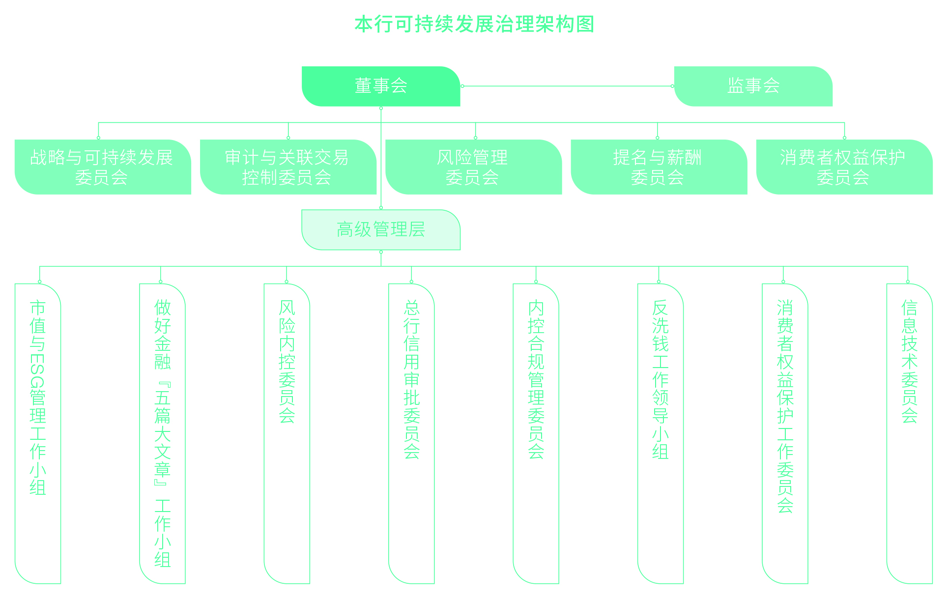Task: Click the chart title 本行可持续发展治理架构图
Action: coord(474,24)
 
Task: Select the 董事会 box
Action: coord(381,86)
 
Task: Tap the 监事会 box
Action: coord(753,86)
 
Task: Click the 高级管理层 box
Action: coord(381,229)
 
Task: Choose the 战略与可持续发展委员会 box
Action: coord(102,167)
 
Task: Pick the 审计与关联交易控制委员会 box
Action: coord(288,167)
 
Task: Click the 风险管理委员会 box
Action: coord(473,167)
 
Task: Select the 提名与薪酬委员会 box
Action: coord(659,167)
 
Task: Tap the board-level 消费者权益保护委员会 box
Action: coord(844,167)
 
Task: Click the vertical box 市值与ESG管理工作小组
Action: coord(38,432)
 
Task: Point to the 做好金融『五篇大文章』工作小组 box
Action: coord(162,432)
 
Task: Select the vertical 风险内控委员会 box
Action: coord(287,432)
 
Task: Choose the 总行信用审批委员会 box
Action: coord(411,432)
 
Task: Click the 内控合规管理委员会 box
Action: coord(536,432)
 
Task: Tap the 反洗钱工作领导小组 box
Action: coord(661,432)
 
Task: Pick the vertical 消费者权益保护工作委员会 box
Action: coord(785,432)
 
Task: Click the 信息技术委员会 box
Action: coord(909,432)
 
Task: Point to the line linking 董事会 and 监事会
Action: coord(565,86)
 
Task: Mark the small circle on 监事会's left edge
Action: coord(672,86)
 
